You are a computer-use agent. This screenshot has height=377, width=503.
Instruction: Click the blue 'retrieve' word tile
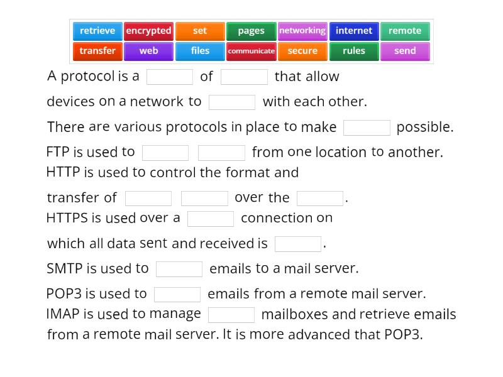[97, 31]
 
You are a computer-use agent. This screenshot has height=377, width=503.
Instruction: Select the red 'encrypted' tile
[148, 31]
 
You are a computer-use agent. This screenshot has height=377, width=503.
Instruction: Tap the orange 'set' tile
[200, 31]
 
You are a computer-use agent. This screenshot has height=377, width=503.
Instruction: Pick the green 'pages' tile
[251, 31]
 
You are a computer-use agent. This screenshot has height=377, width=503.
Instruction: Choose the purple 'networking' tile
[302, 31]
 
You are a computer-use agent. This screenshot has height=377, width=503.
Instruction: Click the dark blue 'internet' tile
[353, 31]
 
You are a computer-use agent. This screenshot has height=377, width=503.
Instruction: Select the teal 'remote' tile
[405, 31]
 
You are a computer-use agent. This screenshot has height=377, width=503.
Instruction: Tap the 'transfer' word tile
[97, 51]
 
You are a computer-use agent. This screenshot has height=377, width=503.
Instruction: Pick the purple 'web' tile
[148, 51]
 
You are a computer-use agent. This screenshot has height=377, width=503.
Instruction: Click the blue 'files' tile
[200, 51]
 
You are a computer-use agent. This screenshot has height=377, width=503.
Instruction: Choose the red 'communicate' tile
[251, 51]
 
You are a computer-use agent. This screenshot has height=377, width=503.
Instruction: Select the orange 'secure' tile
[302, 51]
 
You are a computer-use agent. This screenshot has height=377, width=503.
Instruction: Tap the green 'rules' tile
[353, 51]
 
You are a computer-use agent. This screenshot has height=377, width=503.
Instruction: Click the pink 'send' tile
[405, 51]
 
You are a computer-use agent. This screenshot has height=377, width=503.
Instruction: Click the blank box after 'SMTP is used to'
[179, 269]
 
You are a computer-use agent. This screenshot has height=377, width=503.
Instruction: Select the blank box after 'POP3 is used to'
[177, 294]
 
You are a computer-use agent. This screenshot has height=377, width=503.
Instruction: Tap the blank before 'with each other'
[232, 102]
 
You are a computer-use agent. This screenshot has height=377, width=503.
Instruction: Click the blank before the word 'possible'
[367, 128]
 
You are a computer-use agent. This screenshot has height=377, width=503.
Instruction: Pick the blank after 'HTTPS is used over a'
[211, 219]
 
